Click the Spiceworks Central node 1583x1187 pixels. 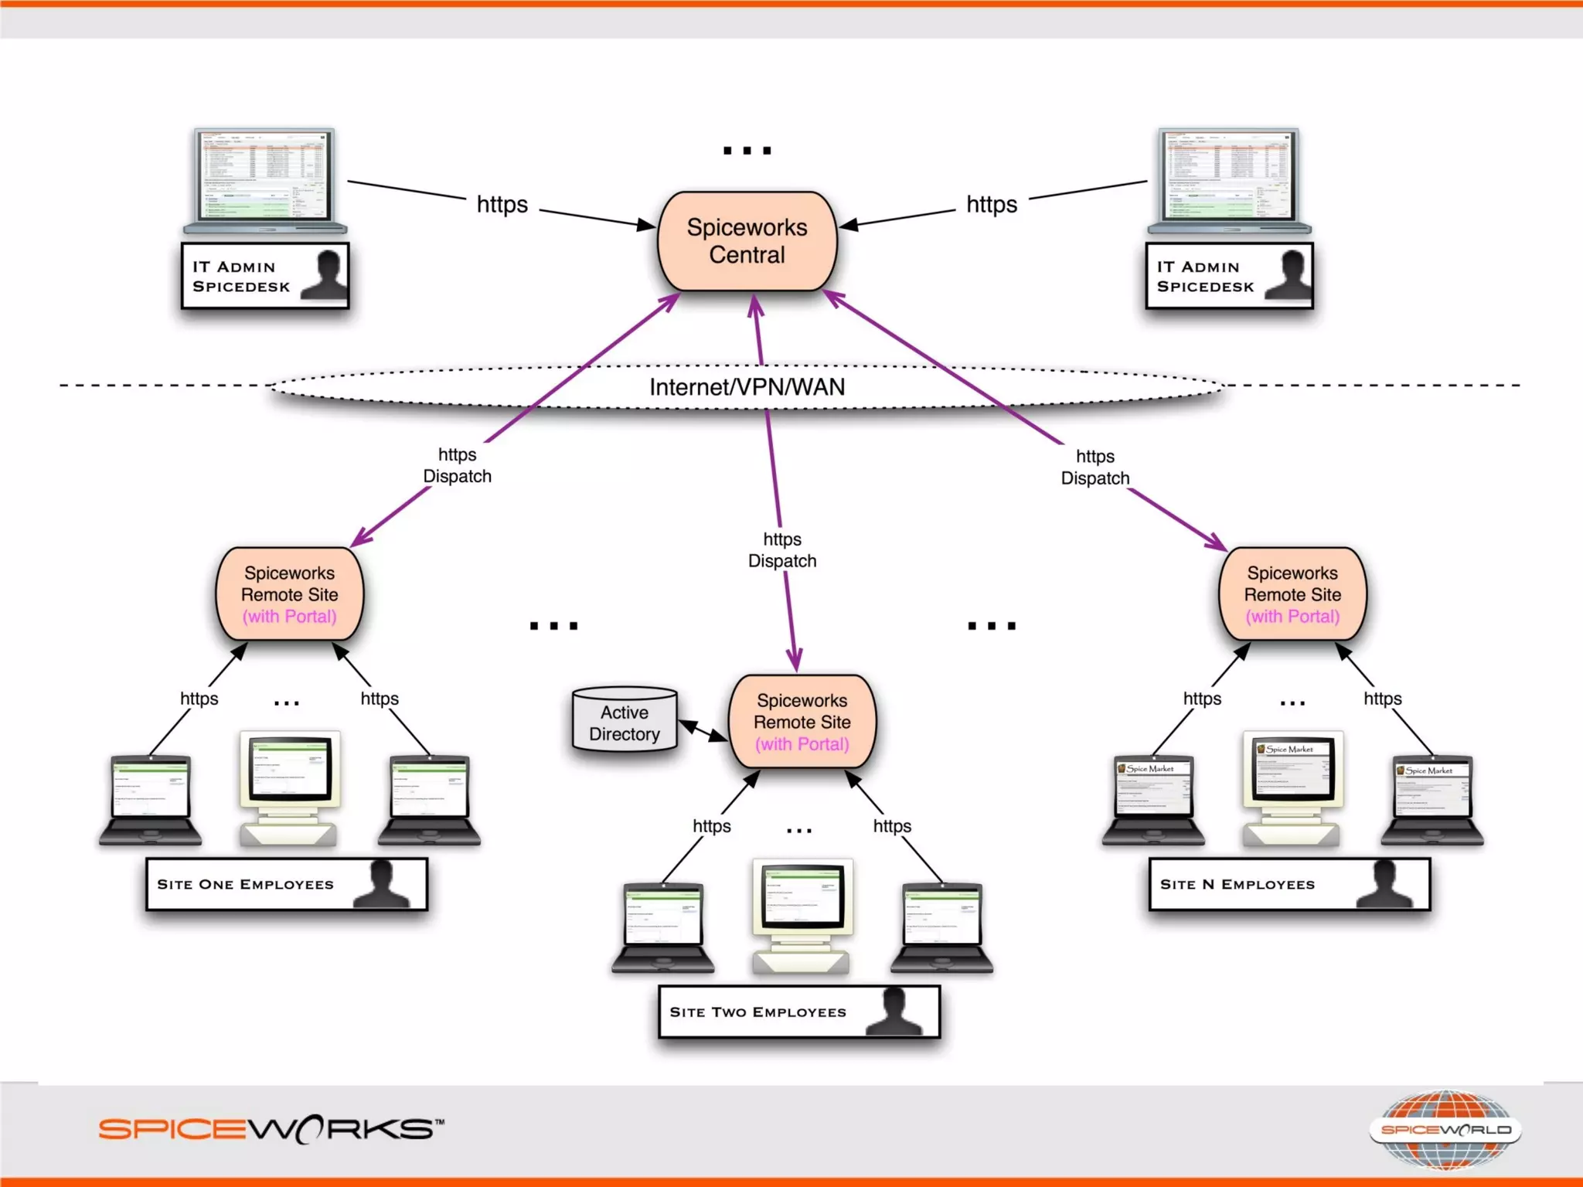[747, 241]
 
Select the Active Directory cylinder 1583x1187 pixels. [625, 720]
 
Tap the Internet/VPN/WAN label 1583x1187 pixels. [747, 386]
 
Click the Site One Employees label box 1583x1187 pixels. [286, 883]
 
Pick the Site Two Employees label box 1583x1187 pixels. [798, 1011]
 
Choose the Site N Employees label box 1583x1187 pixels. [1289, 883]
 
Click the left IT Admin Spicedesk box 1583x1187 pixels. [264, 276]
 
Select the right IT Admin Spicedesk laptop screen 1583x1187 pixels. [1229, 176]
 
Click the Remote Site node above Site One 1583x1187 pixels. [289, 594]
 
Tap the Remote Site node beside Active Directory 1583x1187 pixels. [802, 722]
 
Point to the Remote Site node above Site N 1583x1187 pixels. [1292, 594]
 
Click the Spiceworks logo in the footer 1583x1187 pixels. [271, 1129]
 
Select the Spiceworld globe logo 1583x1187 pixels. [1445, 1129]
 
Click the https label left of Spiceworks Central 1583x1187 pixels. [502, 205]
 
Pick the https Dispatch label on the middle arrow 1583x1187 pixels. [781, 550]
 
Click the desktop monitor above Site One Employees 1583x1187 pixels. [289, 769]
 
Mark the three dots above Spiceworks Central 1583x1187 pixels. [747, 151]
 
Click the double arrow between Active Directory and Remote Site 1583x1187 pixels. [702, 730]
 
